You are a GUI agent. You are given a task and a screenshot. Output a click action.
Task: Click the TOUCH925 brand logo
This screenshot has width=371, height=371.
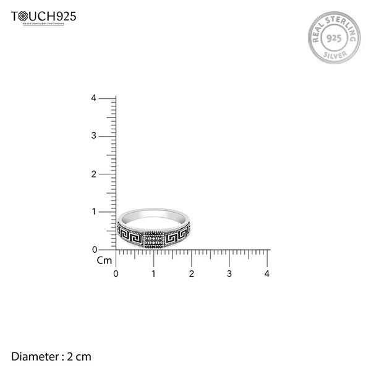[43, 17]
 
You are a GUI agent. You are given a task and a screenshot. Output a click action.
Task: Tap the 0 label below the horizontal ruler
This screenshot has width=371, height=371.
[116, 273]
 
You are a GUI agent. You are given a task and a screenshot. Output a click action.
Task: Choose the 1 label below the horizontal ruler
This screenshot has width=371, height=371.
[153, 273]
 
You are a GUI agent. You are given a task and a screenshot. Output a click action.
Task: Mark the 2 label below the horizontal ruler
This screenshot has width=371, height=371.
[192, 273]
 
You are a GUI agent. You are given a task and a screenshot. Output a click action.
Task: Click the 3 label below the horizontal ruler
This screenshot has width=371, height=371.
[229, 273]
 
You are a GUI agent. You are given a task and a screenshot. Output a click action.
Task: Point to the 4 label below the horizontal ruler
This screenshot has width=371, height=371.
[267, 273]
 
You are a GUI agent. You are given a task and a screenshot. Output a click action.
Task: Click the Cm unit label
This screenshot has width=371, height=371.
[104, 260]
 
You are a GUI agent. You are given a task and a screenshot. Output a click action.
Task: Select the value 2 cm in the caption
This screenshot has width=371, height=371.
[80, 356]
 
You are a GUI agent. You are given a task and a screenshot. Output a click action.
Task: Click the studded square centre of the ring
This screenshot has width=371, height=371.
[153, 239]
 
